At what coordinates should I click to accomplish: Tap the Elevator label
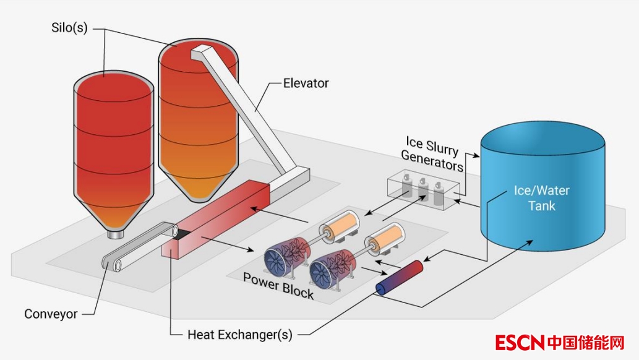point(306,83)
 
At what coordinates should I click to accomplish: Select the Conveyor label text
point(51,314)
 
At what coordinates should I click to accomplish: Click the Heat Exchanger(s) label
point(239,335)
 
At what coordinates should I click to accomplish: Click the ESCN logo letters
point(519,342)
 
